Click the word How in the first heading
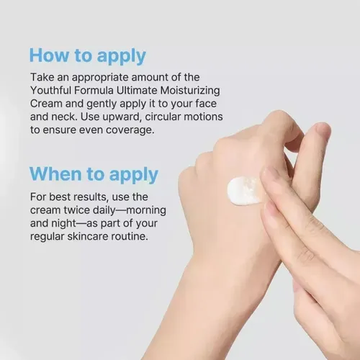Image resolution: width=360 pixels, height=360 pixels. click(x=49, y=55)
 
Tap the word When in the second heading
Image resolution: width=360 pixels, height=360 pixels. click(x=55, y=174)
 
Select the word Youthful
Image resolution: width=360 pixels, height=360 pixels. click(x=51, y=91)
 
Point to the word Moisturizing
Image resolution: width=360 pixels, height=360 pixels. click(x=190, y=91)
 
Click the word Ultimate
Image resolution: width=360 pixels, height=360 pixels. click(x=137, y=91)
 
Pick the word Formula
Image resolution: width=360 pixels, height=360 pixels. click(x=94, y=91)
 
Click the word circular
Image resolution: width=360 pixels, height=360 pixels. click(x=163, y=117)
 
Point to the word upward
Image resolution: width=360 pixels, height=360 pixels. click(x=122, y=117)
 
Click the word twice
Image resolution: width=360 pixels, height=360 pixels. click(x=77, y=210)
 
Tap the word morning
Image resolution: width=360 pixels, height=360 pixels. click(x=146, y=211)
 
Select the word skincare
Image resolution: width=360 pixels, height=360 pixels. click(x=88, y=236)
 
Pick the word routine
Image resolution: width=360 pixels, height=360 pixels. click(x=130, y=236)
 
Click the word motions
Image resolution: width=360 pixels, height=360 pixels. click(x=203, y=117)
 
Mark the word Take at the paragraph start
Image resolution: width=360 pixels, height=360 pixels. click(x=40, y=77)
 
